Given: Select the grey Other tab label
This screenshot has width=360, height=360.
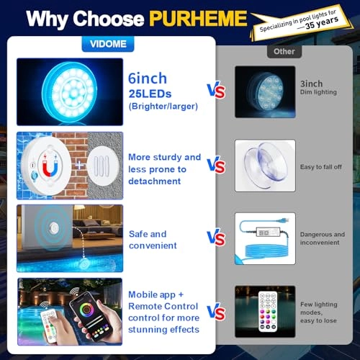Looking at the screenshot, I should tap(284, 51).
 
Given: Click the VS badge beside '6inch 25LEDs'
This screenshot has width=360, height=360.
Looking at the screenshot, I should tap(216, 91).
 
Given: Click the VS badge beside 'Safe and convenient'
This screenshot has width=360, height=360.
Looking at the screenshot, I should tap(216, 238).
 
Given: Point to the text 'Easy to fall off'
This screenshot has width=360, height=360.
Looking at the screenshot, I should tap(320, 167).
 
